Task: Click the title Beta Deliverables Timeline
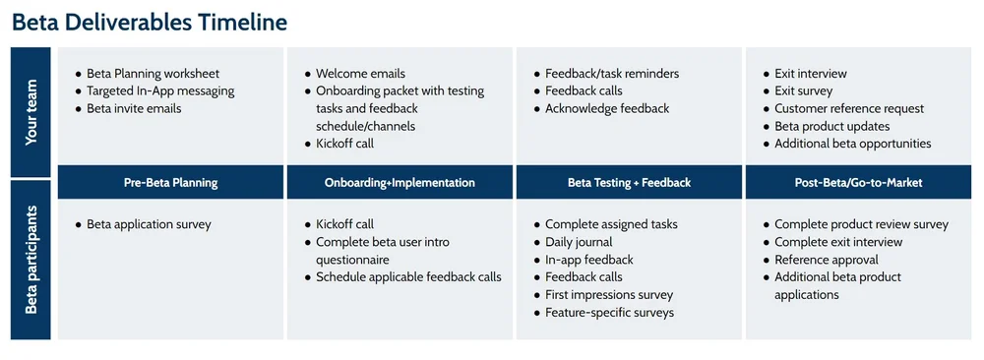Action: click(x=150, y=21)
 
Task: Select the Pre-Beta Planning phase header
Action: click(x=171, y=182)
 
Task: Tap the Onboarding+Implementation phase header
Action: click(x=400, y=182)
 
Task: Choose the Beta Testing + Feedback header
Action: click(x=629, y=182)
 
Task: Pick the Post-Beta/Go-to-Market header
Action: click(x=858, y=182)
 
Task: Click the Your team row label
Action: click(x=32, y=111)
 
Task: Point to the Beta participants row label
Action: click(x=32, y=260)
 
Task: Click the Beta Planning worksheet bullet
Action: click(x=153, y=74)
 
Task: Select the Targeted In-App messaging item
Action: click(x=160, y=91)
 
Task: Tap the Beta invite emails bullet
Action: click(x=134, y=109)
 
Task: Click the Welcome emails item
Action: click(x=360, y=74)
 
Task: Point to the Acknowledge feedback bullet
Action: click(x=607, y=109)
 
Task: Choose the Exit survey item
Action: click(x=803, y=91)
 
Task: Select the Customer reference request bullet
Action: click(x=849, y=109)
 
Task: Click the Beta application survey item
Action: click(x=149, y=224)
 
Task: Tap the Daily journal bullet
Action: click(x=579, y=242)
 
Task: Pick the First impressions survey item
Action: click(x=609, y=295)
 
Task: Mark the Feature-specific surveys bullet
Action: click(x=609, y=313)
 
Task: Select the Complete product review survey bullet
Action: click(x=861, y=224)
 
